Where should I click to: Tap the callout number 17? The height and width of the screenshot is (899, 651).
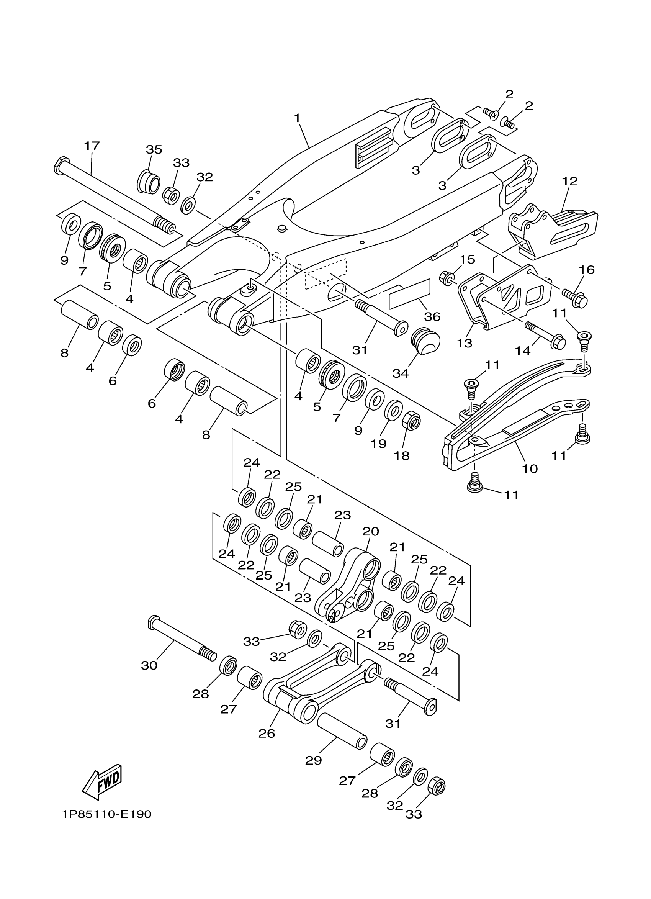[x=92, y=146]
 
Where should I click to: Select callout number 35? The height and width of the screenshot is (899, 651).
[x=154, y=150]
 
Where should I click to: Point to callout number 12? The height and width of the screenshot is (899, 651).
[x=569, y=182]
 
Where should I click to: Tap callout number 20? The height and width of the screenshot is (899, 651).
[x=370, y=531]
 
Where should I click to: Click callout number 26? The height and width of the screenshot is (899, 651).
[x=267, y=733]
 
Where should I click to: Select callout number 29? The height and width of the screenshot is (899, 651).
[x=313, y=760]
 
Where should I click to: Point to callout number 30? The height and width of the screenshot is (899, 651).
[x=149, y=665]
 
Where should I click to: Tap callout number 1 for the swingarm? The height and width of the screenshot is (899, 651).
[x=297, y=118]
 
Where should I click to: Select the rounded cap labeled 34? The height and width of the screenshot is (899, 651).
[x=425, y=342]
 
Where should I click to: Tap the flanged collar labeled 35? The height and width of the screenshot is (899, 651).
[x=149, y=183]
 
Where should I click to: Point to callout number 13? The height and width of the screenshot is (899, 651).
[x=464, y=343]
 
